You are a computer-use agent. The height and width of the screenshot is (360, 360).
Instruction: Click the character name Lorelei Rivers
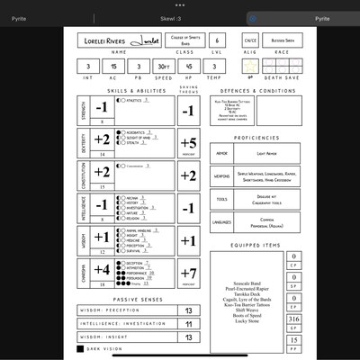click(x=105, y=40)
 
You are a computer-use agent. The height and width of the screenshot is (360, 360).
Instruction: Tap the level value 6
click(x=217, y=40)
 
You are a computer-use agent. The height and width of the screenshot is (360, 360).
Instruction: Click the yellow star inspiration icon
click(x=250, y=67)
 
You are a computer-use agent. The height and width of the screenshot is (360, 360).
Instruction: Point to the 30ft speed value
click(x=162, y=67)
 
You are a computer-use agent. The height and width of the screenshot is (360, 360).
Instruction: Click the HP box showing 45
click(x=188, y=67)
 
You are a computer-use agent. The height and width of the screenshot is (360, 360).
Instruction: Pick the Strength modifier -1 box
click(x=102, y=108)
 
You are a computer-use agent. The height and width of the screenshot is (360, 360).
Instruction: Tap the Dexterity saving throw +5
click(x=188, y=142)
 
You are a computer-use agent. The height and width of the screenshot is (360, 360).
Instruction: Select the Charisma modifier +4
click(x=102, y=269)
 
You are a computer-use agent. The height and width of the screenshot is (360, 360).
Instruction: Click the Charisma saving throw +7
click(x=188, y=272)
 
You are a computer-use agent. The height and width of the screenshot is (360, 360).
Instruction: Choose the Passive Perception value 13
click(x=188, y=310)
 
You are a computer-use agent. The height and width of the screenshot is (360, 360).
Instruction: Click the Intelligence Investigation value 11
click(x=188, y=323)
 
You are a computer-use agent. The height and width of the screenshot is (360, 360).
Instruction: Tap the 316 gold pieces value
click(x=293, y=319)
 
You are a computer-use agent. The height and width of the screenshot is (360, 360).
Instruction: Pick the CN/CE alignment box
click(x=250, y=40)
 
